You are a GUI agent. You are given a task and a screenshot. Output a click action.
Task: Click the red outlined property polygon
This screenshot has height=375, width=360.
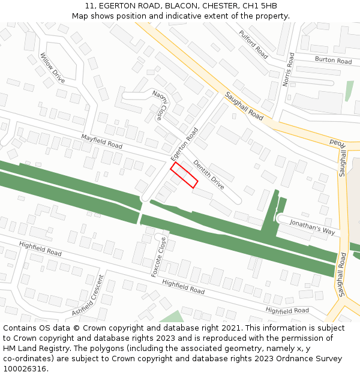point(184,175)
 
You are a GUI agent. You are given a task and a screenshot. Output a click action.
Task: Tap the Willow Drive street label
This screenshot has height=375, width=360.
point(52,68)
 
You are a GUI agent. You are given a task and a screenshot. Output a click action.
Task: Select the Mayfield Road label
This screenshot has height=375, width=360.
point(101,142)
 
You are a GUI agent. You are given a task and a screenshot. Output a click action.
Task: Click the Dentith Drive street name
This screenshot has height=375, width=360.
point(208,175)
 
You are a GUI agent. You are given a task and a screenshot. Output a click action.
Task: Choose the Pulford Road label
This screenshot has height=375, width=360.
point(253,44)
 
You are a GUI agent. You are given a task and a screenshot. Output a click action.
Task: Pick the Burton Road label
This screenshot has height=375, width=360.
point(333,60)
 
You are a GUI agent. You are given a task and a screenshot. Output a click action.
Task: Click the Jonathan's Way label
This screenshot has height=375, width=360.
point(312,226)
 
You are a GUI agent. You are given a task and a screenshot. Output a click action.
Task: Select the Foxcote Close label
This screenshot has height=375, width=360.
point(161,257)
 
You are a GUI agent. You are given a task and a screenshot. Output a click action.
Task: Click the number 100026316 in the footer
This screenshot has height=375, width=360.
point(26,368)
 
